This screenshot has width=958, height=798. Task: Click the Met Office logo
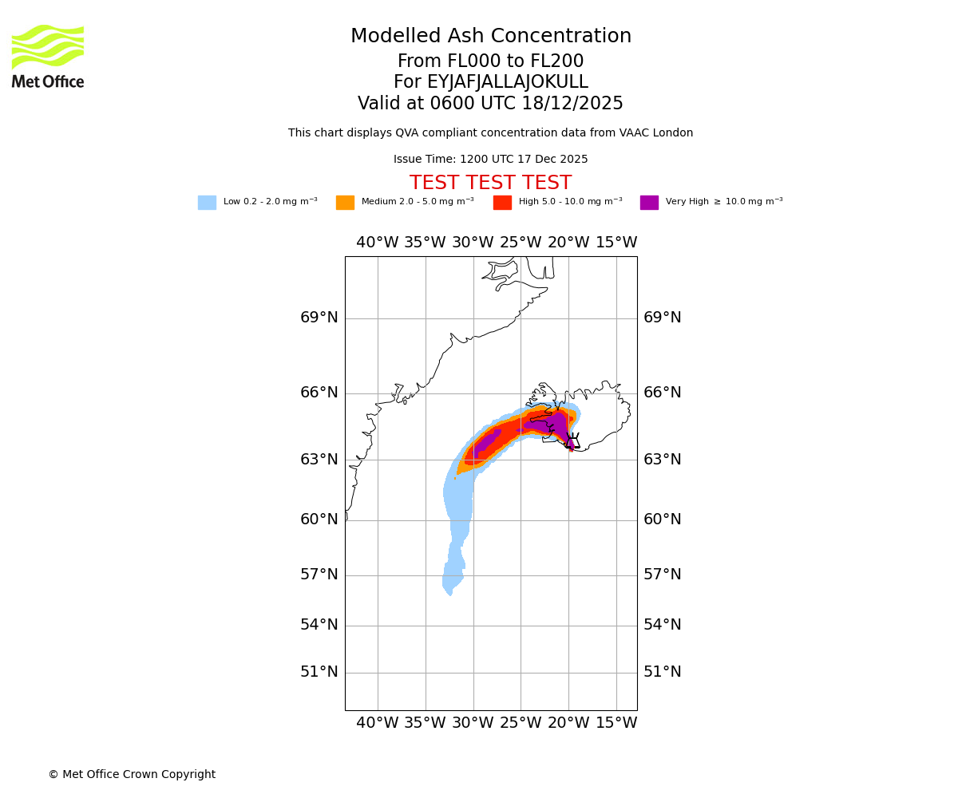(x=48, y=56)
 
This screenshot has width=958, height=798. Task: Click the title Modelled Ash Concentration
(x=491, y=36)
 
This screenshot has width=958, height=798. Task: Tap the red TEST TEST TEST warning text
(x=490, y=183)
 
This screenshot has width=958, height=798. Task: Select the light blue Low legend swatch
(x=207, y=203)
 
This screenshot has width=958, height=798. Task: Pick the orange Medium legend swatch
(x=345, y=203)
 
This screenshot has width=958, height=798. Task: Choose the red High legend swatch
(x=502, y=203)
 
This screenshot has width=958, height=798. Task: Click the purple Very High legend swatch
(x=649, y=203)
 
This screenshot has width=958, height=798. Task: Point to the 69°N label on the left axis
(x=319, y=318)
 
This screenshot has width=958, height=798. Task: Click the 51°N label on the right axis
(x=663, y=672)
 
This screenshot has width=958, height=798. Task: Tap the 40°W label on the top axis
(x=377, y=243)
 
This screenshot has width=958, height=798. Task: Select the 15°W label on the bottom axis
(x=616, y=723)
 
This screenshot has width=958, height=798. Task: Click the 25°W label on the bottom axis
(x=521, y=723)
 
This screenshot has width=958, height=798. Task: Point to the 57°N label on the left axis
(x=319, y=575)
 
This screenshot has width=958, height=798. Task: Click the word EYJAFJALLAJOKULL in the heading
(x=509, y=82)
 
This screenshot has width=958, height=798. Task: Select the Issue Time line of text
(x=490, y=160)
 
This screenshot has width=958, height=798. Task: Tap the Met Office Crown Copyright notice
(x=132, y=774)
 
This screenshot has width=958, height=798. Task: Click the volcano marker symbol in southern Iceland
(x=572, y=440)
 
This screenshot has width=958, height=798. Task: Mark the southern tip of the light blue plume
(x=450, y=594)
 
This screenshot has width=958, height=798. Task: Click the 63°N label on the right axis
(x=663, y=460)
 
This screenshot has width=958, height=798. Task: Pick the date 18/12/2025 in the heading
(x=572, y=104)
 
